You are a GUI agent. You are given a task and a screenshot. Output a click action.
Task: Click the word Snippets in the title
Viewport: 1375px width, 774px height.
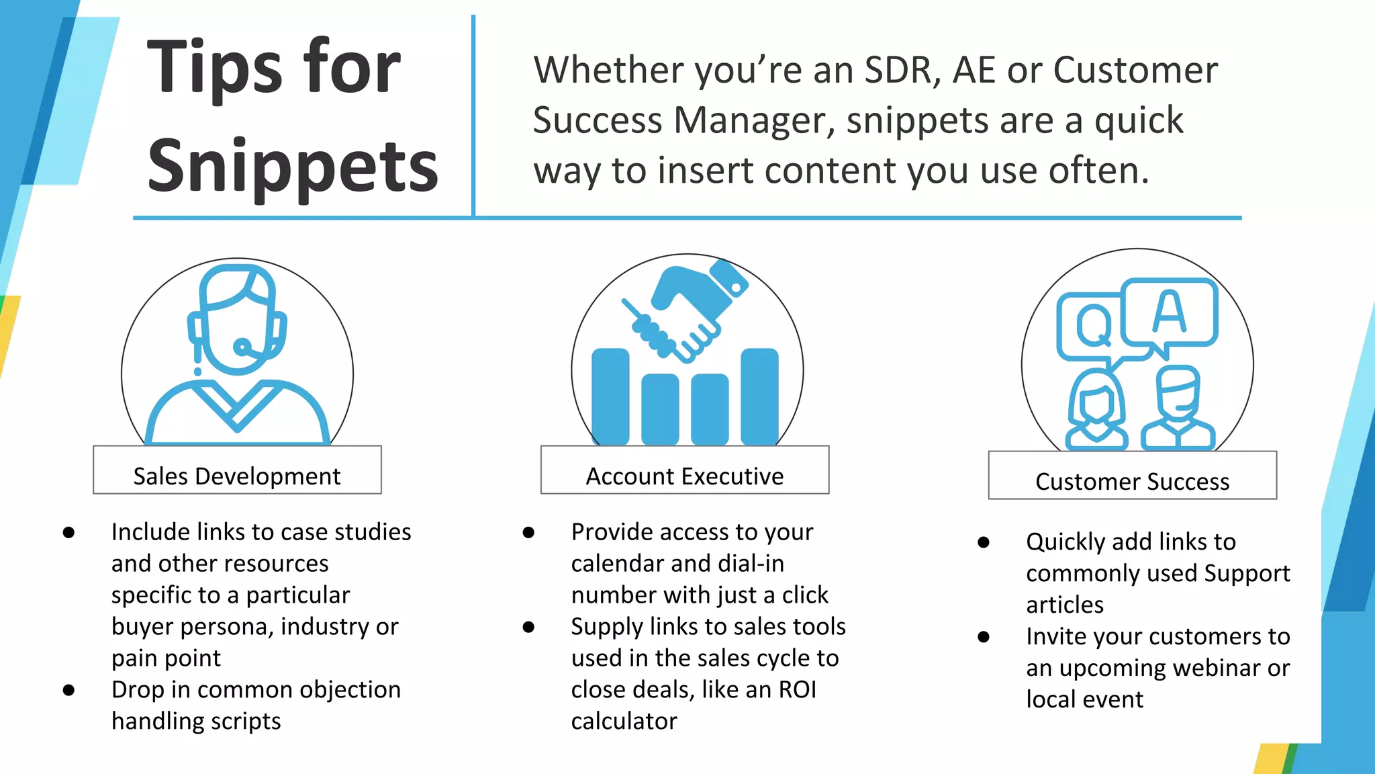(x=293, y=165)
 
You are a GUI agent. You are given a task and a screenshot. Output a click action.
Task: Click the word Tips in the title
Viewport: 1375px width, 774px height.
(x=215, y=67)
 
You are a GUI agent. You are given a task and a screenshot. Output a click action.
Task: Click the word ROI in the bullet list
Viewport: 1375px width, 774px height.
(x=797, y=689)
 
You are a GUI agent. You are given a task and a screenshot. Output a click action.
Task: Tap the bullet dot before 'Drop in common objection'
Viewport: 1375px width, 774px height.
(x=68, y=690)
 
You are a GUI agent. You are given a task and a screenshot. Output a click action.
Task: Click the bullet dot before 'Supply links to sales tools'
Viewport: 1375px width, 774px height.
(x=528, y=627)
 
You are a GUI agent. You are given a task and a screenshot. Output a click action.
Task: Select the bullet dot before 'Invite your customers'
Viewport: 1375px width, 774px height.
(x=984, y=636)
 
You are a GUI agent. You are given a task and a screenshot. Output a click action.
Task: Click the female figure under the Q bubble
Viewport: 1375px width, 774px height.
(x=1096, y=410)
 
